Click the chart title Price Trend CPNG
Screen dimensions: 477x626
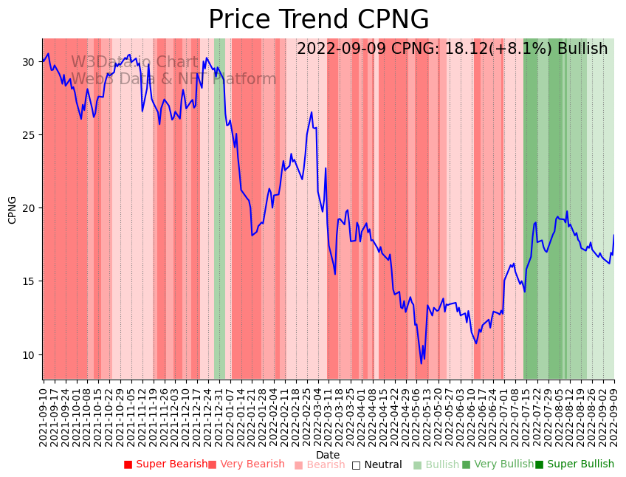coord(318,19)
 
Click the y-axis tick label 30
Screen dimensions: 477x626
coord(28,62)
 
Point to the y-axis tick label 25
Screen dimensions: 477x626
coord(28,135)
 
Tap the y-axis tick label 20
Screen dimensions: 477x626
coord(28,208)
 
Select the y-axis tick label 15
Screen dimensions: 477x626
coord(28,281)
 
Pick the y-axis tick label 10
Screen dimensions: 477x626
coord(28,354)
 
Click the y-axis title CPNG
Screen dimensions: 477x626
coord(13,210)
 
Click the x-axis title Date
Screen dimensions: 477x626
coord(328,455)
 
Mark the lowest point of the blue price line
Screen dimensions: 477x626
coord(422,363)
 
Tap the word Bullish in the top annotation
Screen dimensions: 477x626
coord(582,49)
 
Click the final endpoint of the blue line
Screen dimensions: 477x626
coord(613,236)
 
